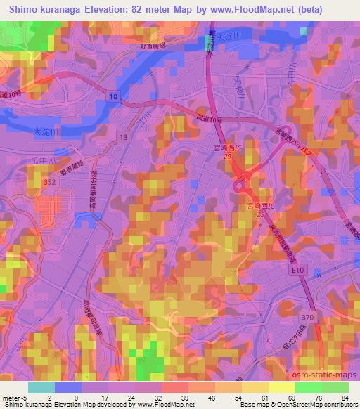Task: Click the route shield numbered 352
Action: point(49,181)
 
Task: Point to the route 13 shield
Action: point(124,135)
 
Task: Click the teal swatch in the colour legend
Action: point(42,387)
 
